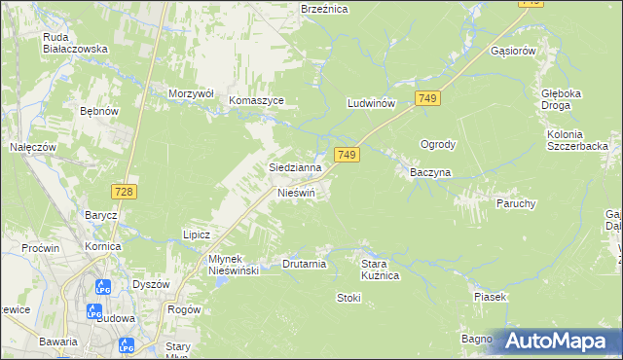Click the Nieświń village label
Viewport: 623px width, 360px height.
click(x=297, y=193)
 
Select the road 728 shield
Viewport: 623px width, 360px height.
click(x=123, y=193)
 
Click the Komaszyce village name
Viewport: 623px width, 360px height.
click(x=256, y=100)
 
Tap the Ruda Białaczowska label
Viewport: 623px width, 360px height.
click(x=75, y=43)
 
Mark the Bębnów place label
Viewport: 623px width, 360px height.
click(x=99, y=112)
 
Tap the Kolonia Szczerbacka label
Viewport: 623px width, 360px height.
click(x=577, y=139)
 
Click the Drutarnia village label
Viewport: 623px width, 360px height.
click(x=304, y=264)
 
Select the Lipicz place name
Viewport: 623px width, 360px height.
click(x=198, y=234)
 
